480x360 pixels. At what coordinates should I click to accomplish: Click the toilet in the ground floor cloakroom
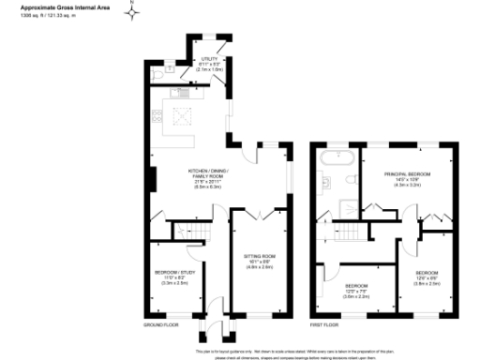pyautogui.click(x=166, y=67)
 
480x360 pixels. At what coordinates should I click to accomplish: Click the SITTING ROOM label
pyautogui.click(x=259, y=255)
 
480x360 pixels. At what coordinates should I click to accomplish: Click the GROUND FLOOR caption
pyautogui.click(x=160, y=325)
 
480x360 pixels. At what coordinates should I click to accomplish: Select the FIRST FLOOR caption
pyautogui.click(x=325, y=325)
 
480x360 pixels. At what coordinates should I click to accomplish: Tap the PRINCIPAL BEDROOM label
pyautogui.click(x=408, y=174)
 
